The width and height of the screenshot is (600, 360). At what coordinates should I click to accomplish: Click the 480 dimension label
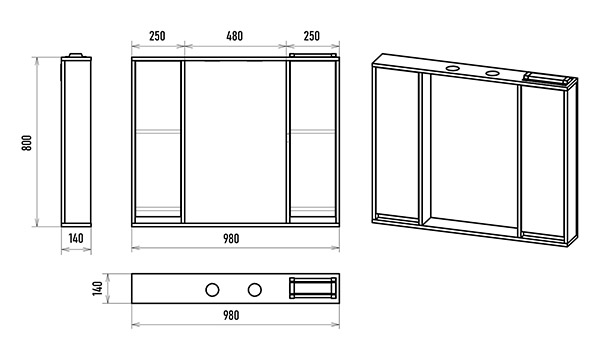point(234,36)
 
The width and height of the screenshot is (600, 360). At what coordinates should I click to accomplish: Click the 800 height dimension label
point(26,143)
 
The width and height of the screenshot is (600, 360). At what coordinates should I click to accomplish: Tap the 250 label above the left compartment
point(157,36)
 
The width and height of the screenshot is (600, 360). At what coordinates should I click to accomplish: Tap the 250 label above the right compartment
point(311,36)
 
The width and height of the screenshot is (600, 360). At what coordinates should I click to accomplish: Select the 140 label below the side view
point(76,238)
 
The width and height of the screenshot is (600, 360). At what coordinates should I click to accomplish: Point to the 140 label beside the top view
point(98,288)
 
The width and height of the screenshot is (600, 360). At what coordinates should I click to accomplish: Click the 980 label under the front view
point(231,239)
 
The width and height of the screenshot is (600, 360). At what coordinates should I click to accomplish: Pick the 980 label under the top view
point(231,315)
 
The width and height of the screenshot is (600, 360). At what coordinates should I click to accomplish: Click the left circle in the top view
point(212,290)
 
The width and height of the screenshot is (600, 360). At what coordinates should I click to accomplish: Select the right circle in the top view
point(254,290)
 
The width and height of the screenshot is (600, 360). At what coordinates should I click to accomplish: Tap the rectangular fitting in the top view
point(313,288)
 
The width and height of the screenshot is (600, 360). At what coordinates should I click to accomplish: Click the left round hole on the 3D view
point(453,69)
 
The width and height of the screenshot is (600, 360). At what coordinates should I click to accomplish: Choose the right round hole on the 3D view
point(492,73)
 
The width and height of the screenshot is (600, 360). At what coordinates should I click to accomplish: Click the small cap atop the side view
point(76,55)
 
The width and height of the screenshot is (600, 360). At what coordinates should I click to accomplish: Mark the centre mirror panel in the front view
point(235,142)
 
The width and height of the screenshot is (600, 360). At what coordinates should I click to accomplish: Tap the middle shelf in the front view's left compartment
point(158,131)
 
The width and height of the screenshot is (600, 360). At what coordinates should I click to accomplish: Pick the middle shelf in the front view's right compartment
point(313,131)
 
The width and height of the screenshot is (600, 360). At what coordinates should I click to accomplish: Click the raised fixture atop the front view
point(313,55)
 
